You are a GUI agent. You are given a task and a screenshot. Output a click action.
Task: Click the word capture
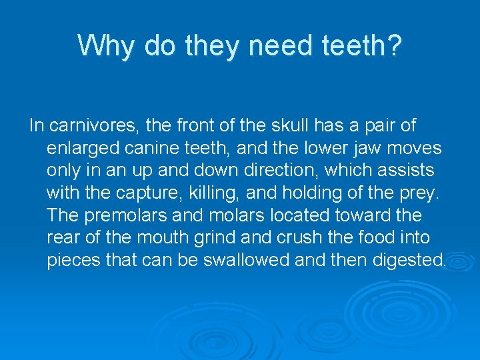click(135, 193)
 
